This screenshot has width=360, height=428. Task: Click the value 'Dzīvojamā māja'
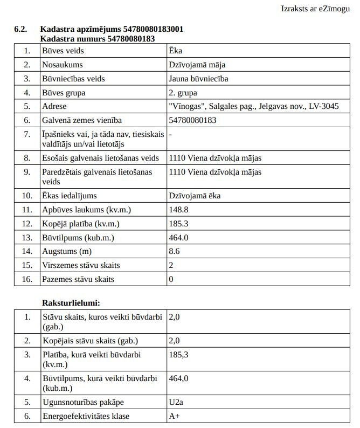(x=197, y=65)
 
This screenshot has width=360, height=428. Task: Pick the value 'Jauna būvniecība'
(x=198, y=79)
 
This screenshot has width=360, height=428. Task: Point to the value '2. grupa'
(x=183, y=93)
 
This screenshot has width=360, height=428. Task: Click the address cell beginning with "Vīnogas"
(x=254, y=106)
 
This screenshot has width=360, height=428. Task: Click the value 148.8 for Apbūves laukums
(x=179, y=210)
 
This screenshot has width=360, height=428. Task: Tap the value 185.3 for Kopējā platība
(x=179, y=223)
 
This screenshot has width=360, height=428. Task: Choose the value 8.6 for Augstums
(x=174, y=251)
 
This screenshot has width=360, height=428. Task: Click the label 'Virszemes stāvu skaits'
(x=81, y=265)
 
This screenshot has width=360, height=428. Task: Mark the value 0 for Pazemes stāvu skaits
(x=171, y=279)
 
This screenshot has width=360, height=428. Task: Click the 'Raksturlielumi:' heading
(x=71, y=303)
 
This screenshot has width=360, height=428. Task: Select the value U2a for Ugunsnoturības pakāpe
(x=177, y=402)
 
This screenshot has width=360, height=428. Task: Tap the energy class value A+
(x=174, y=416)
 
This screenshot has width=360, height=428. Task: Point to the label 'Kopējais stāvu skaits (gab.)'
(x=90, y=341)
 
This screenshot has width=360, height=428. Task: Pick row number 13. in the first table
(x=27, y=237)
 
